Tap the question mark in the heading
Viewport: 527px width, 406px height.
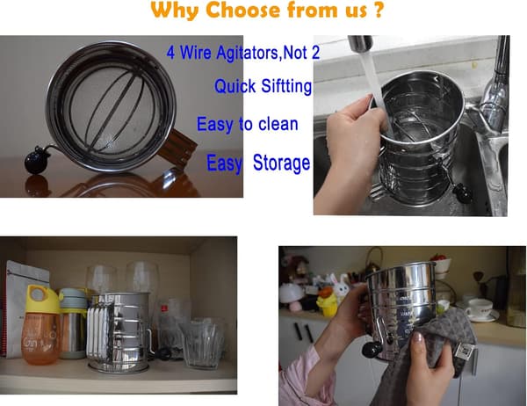(378, 10)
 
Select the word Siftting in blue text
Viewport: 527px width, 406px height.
(286, 86)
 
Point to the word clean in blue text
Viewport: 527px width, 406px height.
(278, 124)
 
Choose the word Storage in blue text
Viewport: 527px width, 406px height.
(281, 163)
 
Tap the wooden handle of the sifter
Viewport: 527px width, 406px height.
(177, 148)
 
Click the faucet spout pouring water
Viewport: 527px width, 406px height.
(360, 44)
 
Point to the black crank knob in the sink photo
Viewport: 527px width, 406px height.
(462, 193)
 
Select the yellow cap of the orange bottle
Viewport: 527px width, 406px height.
(43, 299)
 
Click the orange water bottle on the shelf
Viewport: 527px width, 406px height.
(41, 325)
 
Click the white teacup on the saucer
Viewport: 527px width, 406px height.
(480, 308)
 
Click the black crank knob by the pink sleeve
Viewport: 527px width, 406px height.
(372, 351)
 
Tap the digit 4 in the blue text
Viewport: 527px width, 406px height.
(170, 53)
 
